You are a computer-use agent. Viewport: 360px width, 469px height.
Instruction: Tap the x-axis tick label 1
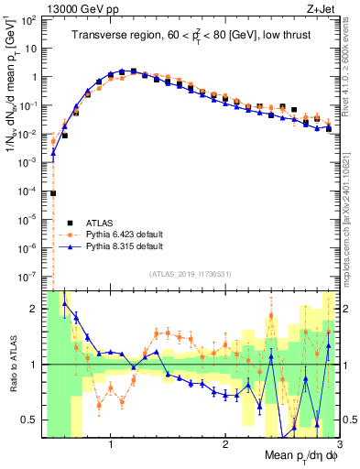point(111,444)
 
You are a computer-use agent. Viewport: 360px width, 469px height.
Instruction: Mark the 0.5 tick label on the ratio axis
point(32,420)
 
